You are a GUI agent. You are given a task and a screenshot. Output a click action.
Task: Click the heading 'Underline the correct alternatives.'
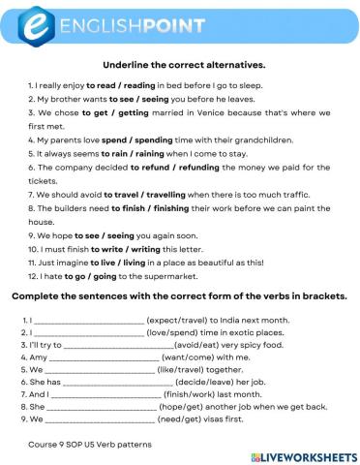(180, 65)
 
